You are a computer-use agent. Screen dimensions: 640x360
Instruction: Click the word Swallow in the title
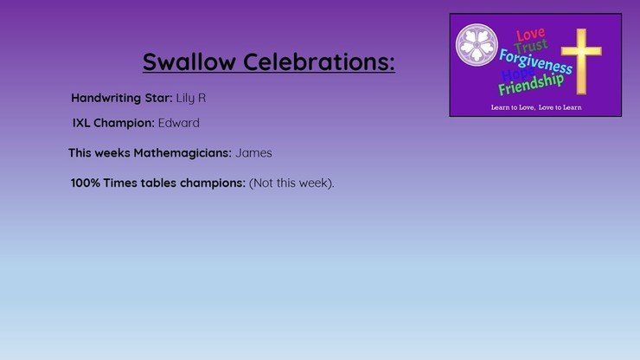point(189,61)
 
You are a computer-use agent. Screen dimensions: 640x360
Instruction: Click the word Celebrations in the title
point(319,61)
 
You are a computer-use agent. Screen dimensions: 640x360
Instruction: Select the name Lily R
point(191,99)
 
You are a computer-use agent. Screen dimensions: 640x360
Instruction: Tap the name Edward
point(179,123)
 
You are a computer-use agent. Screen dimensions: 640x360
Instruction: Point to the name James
point(253,153)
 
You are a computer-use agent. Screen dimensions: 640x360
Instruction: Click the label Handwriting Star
point(122,98)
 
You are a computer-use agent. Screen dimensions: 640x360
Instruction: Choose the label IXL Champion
point(113,123)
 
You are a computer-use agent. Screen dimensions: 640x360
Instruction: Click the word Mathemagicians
point(182,153)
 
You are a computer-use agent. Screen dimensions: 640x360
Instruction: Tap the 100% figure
point(86,183)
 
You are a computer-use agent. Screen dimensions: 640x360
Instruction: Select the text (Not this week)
point(291,183)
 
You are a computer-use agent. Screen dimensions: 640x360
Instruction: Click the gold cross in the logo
point(581,61)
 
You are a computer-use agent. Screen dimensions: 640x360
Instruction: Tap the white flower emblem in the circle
point(477,44)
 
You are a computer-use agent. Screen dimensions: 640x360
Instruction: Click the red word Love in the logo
point(530,35)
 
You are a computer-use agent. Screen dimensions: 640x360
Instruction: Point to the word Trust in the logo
point(531,46)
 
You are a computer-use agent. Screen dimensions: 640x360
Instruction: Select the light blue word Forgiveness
point(535,61)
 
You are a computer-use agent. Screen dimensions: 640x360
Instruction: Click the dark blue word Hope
point(517,74)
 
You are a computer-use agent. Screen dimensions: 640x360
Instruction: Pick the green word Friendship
point(531,84)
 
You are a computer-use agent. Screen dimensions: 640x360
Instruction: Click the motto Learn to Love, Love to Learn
point(536,107)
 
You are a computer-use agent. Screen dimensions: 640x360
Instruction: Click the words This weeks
point(99,153)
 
